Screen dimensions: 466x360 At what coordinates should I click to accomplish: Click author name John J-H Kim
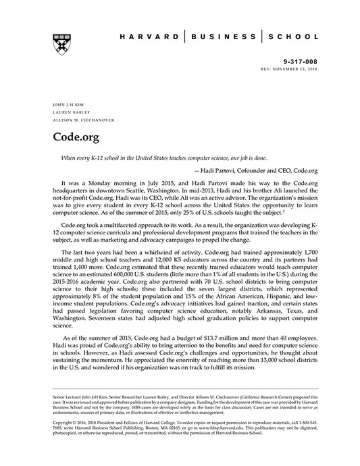tap(63, 106)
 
